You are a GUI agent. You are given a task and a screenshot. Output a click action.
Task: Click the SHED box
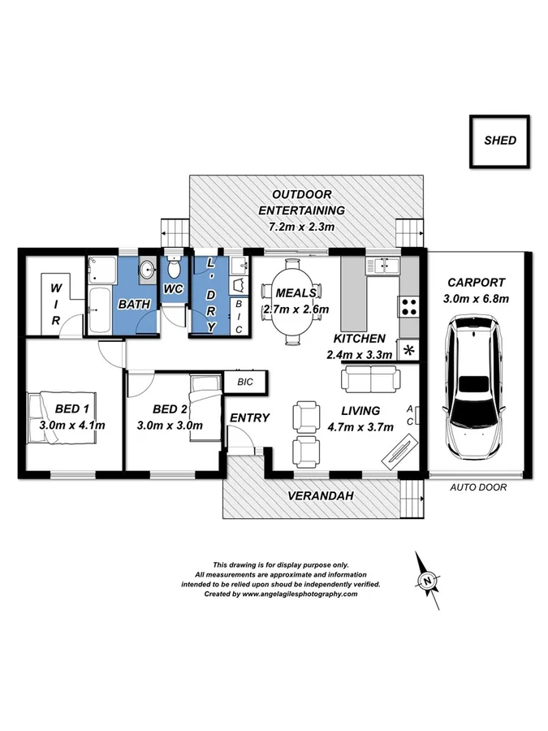(x=499, y=140)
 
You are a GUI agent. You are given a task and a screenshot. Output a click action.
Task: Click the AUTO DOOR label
(x=478, y=488)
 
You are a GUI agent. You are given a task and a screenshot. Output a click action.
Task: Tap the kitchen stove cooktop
(x=408, y=307)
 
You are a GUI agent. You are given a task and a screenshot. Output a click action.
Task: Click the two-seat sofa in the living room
(x=370, y=378)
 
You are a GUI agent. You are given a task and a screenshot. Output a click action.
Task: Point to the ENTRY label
(x=249, y=417)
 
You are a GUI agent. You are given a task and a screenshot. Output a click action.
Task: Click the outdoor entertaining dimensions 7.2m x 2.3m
(x=301, y=227)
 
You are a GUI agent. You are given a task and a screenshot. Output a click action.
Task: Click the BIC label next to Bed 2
(x=244, y=381)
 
